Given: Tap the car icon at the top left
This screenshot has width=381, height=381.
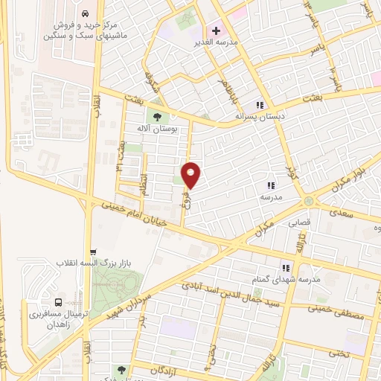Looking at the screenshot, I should [x=86, y=14].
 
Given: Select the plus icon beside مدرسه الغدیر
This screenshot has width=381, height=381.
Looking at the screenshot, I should [x=216, y=31].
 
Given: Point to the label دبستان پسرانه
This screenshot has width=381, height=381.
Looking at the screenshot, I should [x=260, y=117].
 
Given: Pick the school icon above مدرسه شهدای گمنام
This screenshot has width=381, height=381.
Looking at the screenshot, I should [x=285, y=267].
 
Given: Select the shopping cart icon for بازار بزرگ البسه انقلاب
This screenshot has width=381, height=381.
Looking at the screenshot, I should [x=92, y=252].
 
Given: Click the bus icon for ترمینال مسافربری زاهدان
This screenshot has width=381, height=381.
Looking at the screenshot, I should [x=58, y=302].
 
